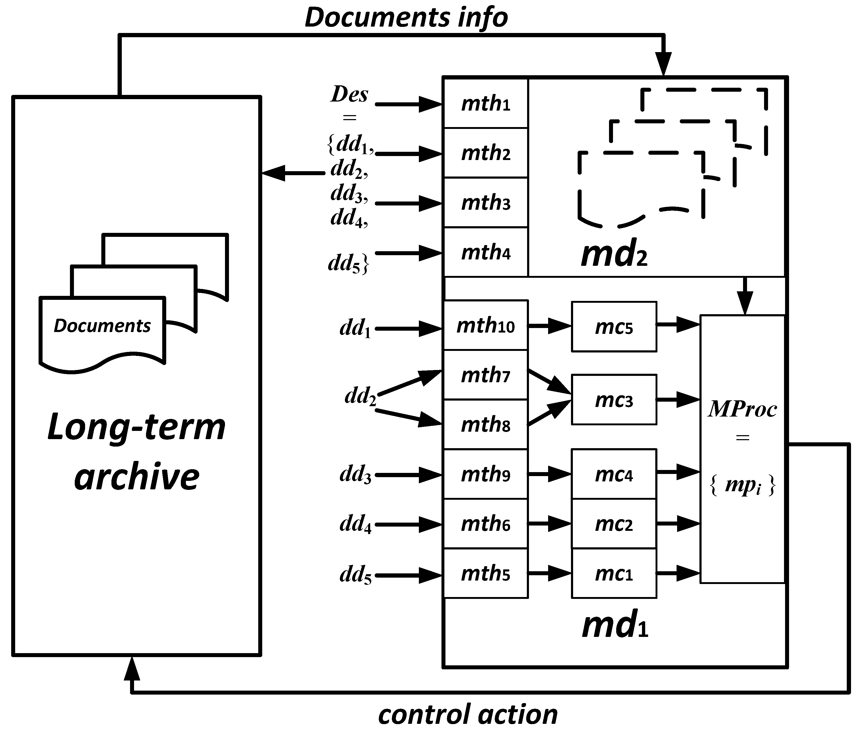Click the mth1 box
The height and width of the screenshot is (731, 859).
pyautogui.click(x=486, y=104)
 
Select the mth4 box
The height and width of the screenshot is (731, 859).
pyautogui.click(x=486, y=252)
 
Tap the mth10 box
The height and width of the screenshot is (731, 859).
pyautogui.click(x=486, y=326)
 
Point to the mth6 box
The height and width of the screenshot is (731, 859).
pyautogui.click(x=486, y=524)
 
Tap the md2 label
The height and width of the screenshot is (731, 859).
pyautogui.click(x=614, y=254)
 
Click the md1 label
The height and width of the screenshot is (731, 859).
pyautogui.click(x=615, y=626)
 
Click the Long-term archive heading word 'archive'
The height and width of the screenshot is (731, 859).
pyautogui.click(x=137, y=477)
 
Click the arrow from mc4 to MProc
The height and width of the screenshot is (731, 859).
pyautogui.click(x=678, y=472)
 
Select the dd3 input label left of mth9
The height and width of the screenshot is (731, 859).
pyautogui.click(x=355, y=475)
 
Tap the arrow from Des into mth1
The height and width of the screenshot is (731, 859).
pyautogui.click(x=408, y=104)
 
